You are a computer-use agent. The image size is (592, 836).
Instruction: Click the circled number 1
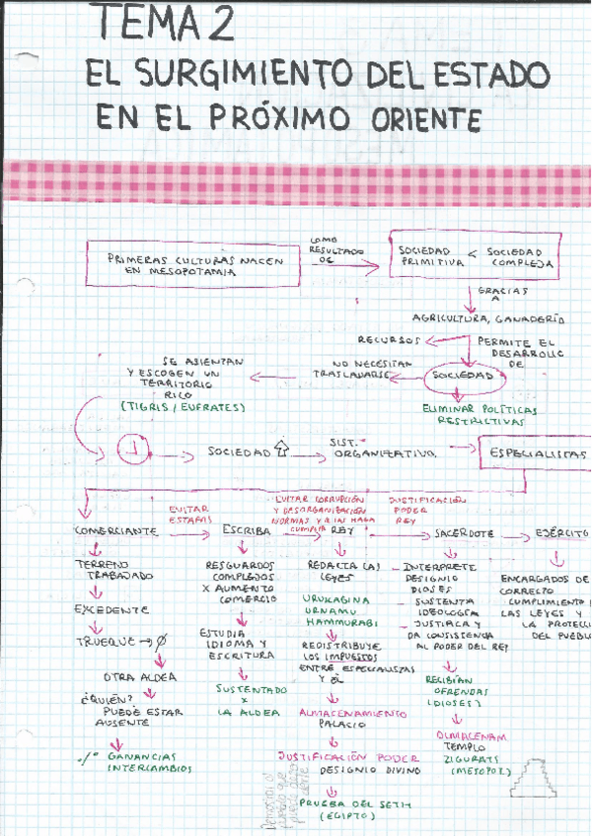coord(132,452)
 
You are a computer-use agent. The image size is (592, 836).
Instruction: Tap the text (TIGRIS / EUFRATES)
coord(183,406)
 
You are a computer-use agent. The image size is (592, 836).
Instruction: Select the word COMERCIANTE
coord(115,531)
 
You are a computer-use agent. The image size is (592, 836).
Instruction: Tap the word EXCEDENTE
coord(111,609)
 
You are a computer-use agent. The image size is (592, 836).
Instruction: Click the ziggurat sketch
coord(534,779)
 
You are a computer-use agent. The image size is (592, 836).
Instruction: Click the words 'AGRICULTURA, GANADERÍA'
coord(502,319)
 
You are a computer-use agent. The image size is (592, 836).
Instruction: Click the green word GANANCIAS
coord(150,755)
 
